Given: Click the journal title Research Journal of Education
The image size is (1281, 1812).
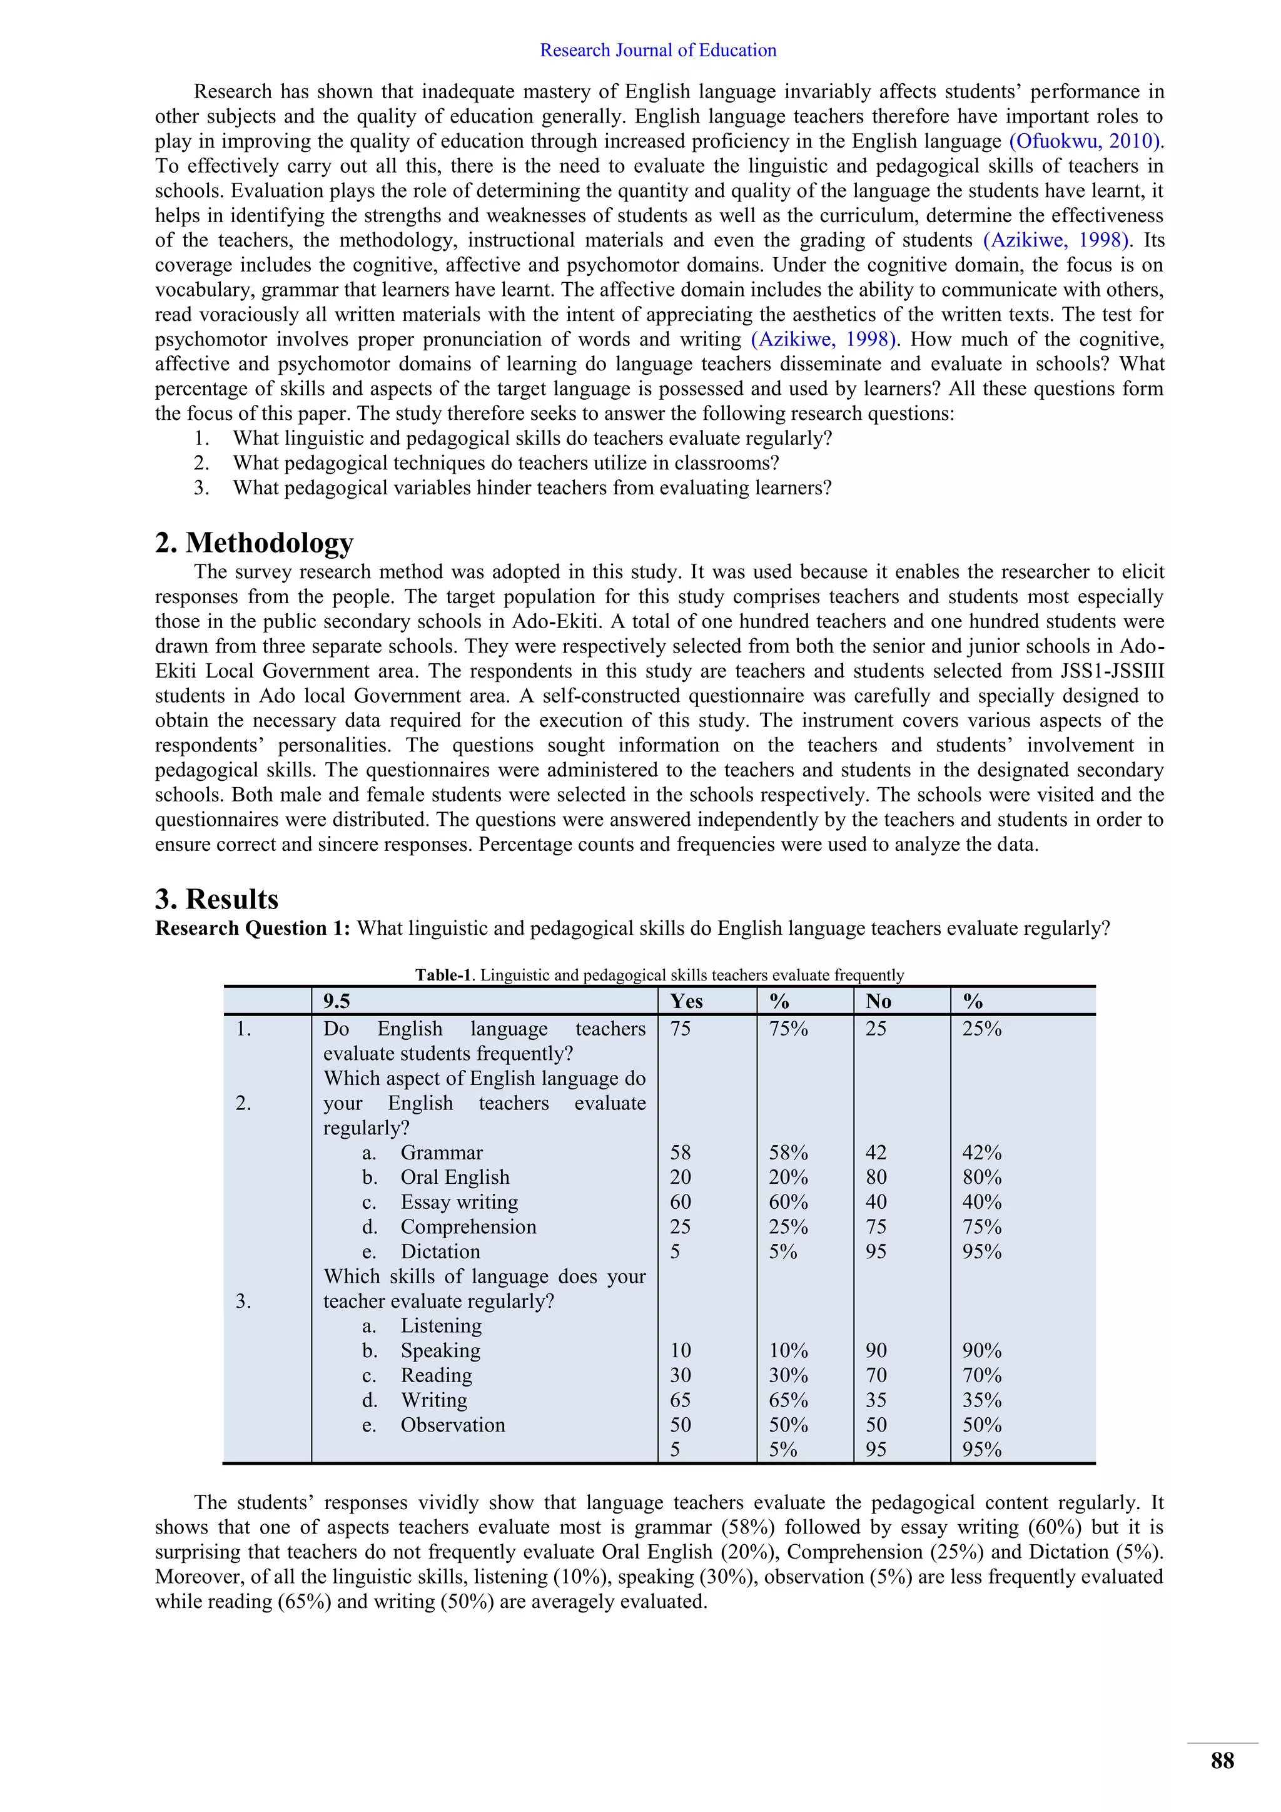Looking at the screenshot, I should tap(658, 51).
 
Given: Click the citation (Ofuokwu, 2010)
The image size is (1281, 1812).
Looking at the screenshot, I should tap(1085, 141).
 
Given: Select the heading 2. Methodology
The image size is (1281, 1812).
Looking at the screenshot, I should tap(254, 543).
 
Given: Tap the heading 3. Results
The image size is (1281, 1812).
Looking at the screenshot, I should tap(217, 900).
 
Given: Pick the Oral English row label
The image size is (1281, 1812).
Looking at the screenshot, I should tap(454, 1177).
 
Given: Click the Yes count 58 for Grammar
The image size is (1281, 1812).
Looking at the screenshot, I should tap(680, 1153).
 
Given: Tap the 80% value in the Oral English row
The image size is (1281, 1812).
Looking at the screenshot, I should tap(981, 1177).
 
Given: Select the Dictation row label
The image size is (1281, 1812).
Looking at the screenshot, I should tap(440, 1251).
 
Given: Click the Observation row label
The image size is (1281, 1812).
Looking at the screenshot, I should tap(453, 1425).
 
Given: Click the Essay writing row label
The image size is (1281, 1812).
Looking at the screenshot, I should tap(459, 1202).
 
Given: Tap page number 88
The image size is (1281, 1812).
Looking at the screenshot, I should tap(1222, 1761).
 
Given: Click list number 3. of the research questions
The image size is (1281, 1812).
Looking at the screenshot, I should tap(202, 487).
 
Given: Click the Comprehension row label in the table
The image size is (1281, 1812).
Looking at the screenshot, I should tap(468, 1226).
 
